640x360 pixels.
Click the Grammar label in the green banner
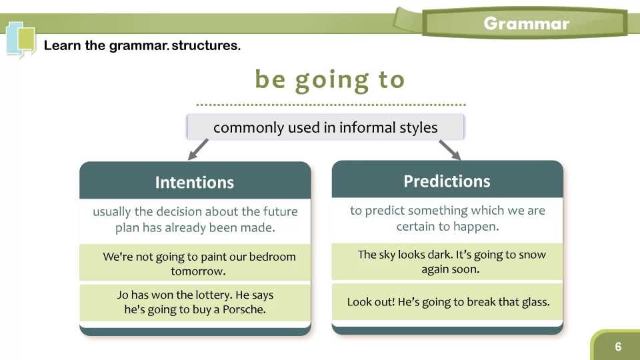pos(526,24)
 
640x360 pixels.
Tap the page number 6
pos(618,347)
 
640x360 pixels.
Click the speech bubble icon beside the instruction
pos(21,40)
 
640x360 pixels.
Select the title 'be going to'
pos(330,80)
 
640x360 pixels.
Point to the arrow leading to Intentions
pos(198,149)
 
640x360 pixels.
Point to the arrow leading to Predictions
pos(450,150)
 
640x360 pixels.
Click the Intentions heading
pos(195,183)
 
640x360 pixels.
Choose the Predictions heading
pos(447,181)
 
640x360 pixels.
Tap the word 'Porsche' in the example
pos(244,309)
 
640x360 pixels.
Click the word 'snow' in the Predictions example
pos(533,255)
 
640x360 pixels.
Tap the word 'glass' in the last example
pos(536,302)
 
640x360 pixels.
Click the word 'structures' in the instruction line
pos(206,45)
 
